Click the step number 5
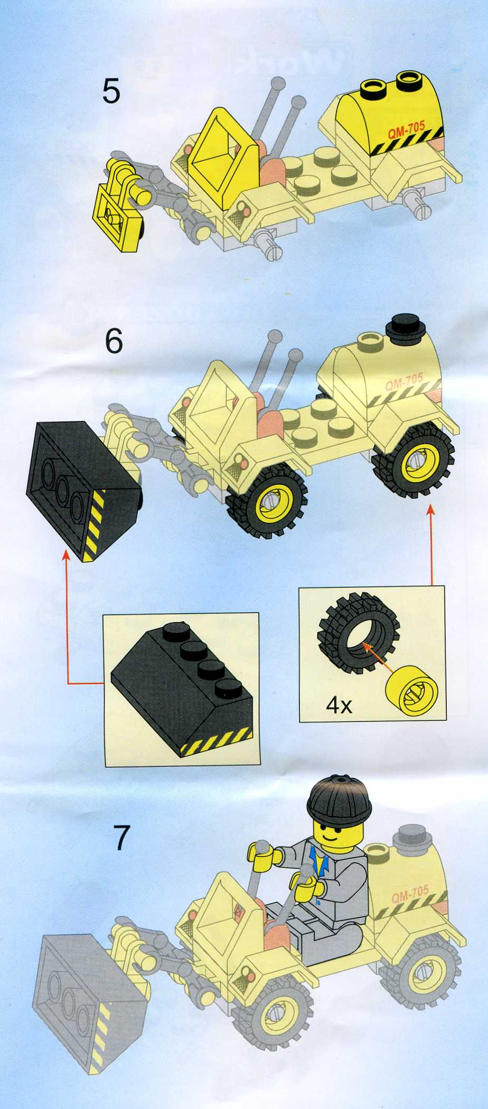(x=111, y=91)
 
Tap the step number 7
(x=122, y=838)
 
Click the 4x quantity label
(x=339, y=705)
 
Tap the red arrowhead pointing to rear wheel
(x=431, y=509)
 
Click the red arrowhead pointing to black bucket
(x=66, y=556)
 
